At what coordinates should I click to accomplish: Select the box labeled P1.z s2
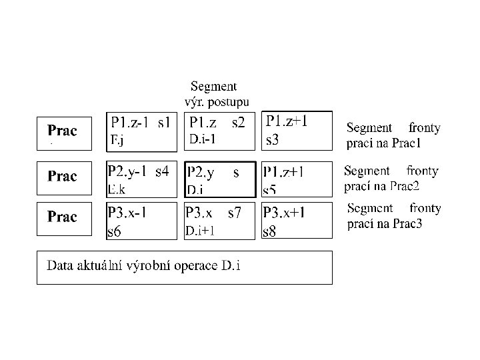[x=219, y=131]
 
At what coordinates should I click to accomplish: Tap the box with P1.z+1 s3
[x=296, y=131]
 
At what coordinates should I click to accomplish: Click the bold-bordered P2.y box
[x=219, y=179]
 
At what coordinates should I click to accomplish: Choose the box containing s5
[x=296, y=179]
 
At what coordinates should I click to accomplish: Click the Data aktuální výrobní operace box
[x=184, y=267]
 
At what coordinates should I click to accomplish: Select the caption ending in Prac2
[x=391, y=177]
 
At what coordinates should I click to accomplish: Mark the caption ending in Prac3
[x=393, y=216]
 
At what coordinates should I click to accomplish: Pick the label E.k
[x=117, y=189]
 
